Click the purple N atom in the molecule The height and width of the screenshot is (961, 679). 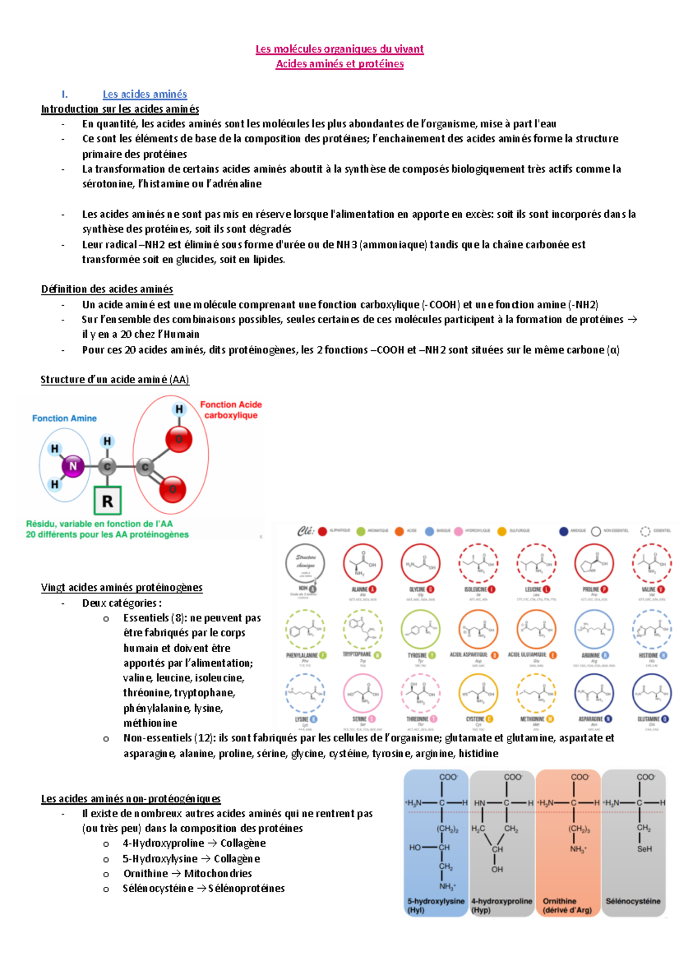click(x=72, y=466)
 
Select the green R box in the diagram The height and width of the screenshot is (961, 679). click(x=108, y=500)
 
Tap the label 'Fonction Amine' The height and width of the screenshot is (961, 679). click(x=65, y=418)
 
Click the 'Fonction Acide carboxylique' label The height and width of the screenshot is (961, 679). click(x=231, y=410)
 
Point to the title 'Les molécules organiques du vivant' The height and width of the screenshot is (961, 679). click(x=339, y=49)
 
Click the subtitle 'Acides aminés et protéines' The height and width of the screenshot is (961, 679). click(x=339, y=64)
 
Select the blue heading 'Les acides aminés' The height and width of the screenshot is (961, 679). click(x=145, y=94)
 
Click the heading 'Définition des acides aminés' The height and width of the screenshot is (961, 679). click(x=107, y=289)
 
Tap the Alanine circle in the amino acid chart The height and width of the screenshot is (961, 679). click(x=363, y=563)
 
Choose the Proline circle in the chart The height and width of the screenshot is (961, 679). click(x=594, y=563)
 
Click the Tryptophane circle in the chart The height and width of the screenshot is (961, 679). click(x=363, y=629)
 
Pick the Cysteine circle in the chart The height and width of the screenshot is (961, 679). click(x=478, y=693)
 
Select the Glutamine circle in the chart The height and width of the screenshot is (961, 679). click(x=652, y=693)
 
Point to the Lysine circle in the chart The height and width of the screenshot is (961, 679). click(x=305, y=693)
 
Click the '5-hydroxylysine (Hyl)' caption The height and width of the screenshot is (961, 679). click(x=436, y=905)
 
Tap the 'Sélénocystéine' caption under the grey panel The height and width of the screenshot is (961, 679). click(x=633, y=901)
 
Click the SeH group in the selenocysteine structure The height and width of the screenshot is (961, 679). click(x=644, y=849)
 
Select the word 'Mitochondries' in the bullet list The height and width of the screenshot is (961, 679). click(x=218, y=873)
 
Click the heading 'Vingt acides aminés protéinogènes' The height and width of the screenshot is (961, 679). click(x=122, y=587)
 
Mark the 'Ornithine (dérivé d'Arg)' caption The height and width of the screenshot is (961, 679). click(x=568, y=905)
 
